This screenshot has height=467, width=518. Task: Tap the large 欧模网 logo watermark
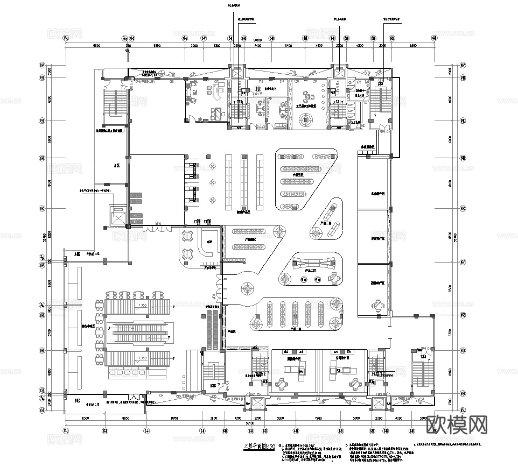pyautogui.click(x=457, y=425)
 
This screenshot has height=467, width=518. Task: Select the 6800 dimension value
pyautogui.click(x=413, y=46)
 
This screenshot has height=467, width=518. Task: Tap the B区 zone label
pyautogui.click(x=69, y=400)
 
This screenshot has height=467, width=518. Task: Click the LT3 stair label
pyautogui.click(x=380, y=84)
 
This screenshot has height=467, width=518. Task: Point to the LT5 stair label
pyautogui.click(x=214, y=386)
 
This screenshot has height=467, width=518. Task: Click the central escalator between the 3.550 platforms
pyautogui.click(x=142, y=334)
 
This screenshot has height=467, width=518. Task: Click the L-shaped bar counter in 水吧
pyautogui.click(x=207, y=247)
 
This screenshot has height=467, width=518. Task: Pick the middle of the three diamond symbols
pyautogui.click(x=213, y=181)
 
